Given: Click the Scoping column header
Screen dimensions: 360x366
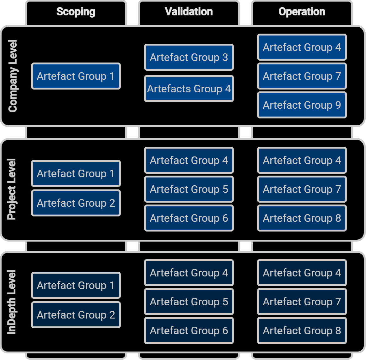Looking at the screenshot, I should (76, 12).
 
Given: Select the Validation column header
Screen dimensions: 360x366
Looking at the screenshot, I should (189, 12).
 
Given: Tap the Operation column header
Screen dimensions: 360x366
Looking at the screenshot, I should (302, 12).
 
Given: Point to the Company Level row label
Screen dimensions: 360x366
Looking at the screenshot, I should (13, 76).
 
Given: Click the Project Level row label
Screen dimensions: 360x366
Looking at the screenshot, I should (12, 189).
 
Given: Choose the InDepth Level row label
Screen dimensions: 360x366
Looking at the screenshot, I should (12, 302).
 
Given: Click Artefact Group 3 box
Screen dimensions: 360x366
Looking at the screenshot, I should (189, 57).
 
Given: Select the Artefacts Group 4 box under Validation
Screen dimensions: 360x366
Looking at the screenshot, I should (189, 89).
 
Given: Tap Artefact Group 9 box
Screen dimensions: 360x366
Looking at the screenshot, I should (302, 105).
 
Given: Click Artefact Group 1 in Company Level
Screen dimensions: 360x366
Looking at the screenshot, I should (76, 76).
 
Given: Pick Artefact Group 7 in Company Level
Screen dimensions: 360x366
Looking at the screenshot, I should (302, 76).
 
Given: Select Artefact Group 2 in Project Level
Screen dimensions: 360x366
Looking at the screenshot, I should (76, 203).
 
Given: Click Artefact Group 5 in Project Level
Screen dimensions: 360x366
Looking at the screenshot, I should (189, 189).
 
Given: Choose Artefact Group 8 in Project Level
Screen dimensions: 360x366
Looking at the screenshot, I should (302, 218).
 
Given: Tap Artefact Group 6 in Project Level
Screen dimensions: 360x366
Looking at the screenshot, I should (189, 218).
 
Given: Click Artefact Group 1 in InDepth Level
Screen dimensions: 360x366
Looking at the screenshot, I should (76, 285).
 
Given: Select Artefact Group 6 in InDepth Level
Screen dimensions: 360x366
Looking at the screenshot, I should (189, 330).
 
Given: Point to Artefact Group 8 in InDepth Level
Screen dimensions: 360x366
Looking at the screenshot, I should (302, 330).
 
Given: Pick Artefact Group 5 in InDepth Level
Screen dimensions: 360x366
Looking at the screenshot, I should (189, 302).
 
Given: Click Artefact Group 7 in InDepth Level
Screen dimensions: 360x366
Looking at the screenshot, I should (302, 302).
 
